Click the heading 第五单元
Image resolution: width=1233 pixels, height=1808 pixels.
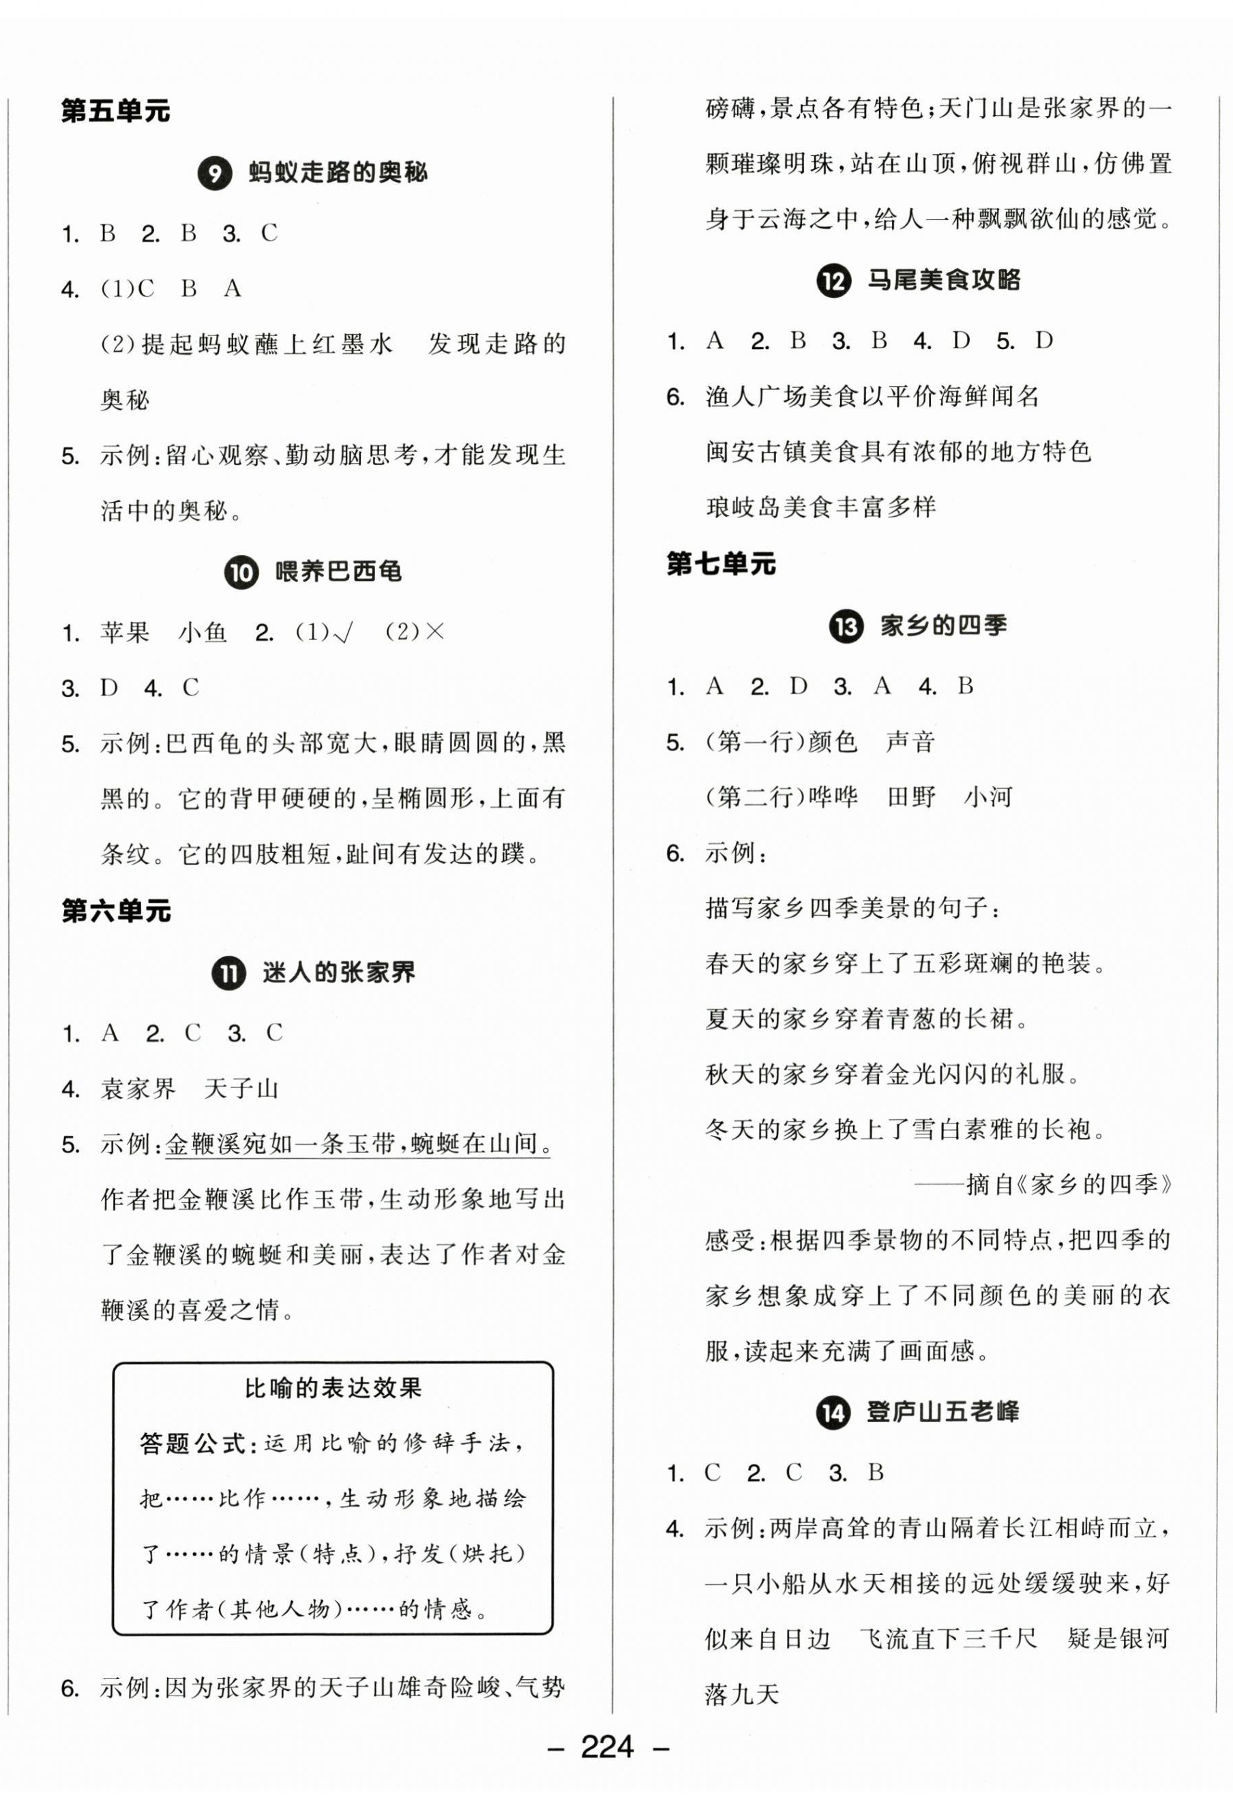pos(115,111)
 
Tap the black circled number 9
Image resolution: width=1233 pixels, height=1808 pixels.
pos(215,172)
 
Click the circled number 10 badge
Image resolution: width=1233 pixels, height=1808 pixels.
pos(241,573)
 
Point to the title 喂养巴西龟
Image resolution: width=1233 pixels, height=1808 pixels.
pos(339,572)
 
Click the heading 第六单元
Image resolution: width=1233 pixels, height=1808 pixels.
pos(115,910)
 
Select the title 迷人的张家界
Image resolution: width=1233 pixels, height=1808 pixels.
pos(339,972)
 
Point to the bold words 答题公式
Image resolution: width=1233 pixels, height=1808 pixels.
pos(192,1444)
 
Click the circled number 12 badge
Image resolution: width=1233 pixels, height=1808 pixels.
pos(833,280)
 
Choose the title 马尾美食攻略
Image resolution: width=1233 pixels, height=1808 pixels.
pos(943,280)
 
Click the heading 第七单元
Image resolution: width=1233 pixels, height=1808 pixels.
pos(721,564)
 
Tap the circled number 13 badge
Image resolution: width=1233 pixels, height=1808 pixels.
pos(846,627)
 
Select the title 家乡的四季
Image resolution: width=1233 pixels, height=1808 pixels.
pos(943,625)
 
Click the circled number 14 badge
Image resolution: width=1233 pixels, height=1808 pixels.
pos(833,1412)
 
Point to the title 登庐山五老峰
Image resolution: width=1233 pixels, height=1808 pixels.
pos(942,1411)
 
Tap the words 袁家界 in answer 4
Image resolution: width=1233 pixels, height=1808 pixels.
pos(138,1089)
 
